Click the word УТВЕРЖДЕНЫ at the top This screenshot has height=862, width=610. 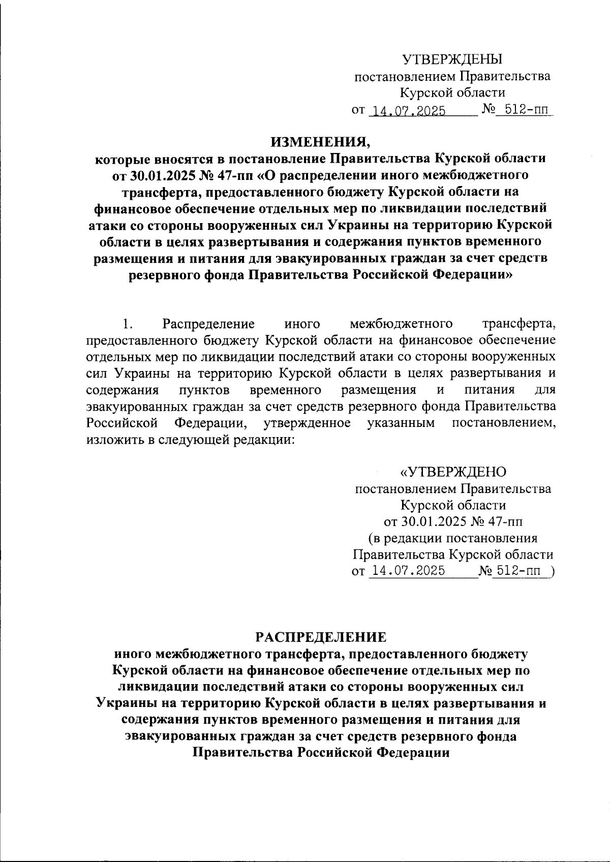click(x=452, y=60)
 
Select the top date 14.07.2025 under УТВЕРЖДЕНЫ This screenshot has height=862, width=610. click(x=409, y=111)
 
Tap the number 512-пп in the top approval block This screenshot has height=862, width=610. click(x=524, y=110)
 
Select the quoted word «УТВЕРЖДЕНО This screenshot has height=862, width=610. click(x=453, y=472)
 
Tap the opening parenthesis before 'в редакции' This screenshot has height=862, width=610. click(x=370, y=538)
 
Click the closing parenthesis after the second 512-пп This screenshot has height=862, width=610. click(x=553, y=571)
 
